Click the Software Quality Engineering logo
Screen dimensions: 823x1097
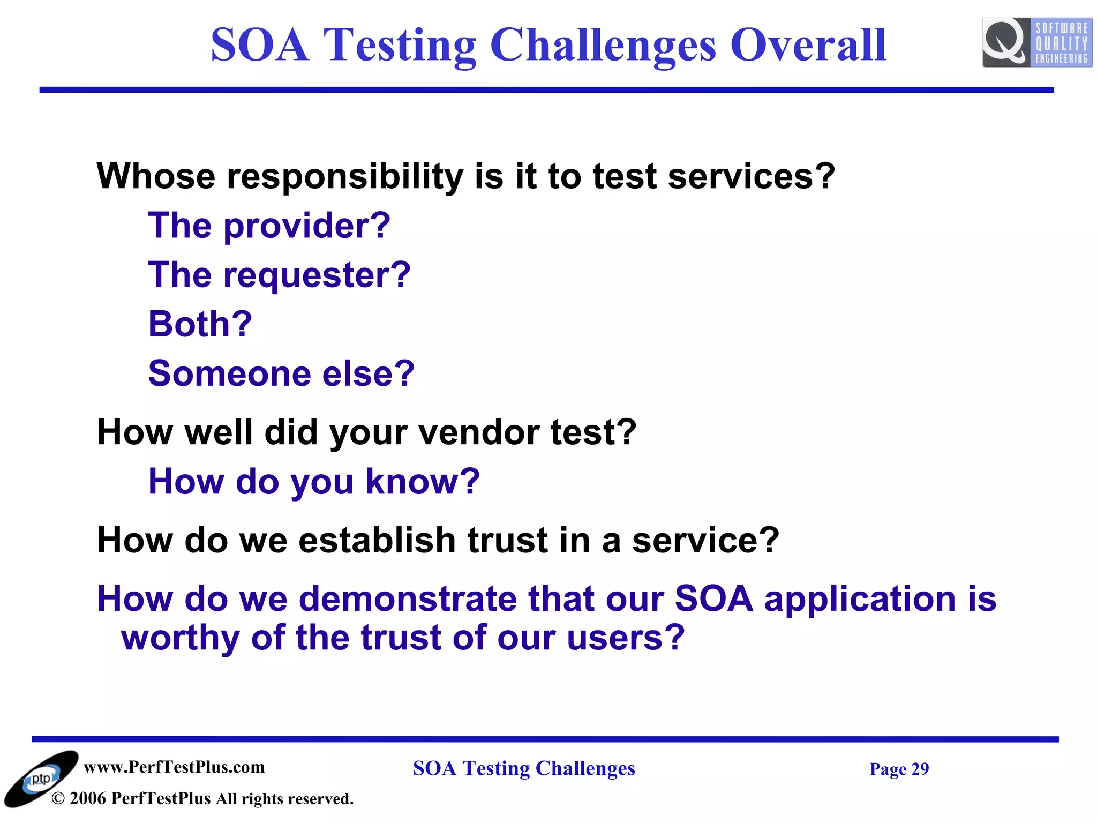coord(1036,42)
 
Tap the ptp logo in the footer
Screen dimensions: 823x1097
coord(41,779)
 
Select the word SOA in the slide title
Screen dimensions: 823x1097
coord(260,45)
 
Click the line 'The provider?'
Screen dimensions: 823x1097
coord(269,226)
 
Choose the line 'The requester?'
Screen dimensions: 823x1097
coord(279,275)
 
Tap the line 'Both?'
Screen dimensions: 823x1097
coord(200,324)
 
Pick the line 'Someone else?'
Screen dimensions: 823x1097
coord(281,373)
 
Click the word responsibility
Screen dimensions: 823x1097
coord(345,176)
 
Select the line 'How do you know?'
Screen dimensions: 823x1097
coord(314,481)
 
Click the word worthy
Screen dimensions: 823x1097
coord(181,638)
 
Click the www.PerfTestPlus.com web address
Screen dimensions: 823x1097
coord(174,767)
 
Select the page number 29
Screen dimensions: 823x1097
coord(920,769)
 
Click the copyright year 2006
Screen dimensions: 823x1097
coord(88,799)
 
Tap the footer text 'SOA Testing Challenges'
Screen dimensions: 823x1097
coord(524,768)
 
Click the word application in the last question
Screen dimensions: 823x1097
coord(860,598)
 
